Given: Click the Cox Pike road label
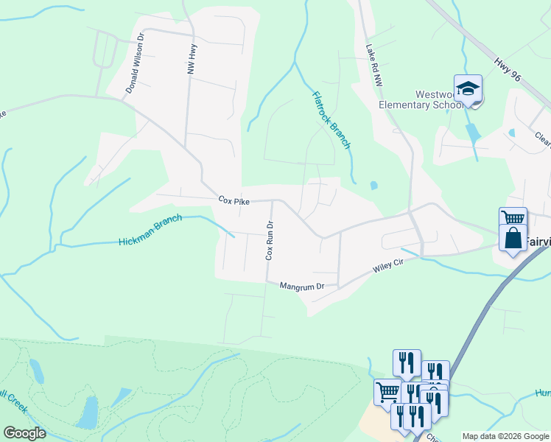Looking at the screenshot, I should click(234, 199).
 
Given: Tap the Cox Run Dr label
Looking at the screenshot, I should click(270, 240).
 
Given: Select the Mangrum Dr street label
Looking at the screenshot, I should click(301, 286).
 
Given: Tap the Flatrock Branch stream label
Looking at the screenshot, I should click(331, 120).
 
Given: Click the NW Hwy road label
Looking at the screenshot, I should click(192, 58).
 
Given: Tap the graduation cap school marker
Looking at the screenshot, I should click(468, 89).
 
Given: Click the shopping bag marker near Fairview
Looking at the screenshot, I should click(513, 239).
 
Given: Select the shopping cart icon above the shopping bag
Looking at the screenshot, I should click(513, 218).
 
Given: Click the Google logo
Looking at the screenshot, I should click(24, 433).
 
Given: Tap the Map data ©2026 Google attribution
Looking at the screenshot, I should click(505, 436).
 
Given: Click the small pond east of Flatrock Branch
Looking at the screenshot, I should click(373, 185).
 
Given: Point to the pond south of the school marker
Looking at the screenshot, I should click(471, 133).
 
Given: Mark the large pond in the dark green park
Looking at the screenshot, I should click(87, 413).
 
